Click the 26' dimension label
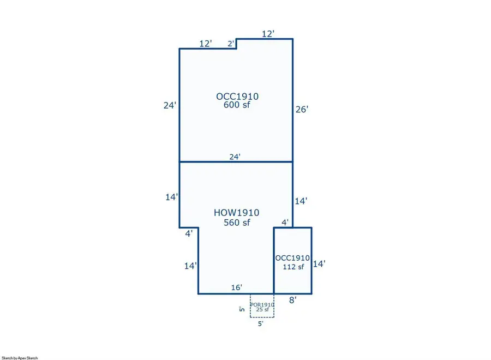(x=302, y=109)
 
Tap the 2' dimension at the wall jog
(x=231, y=44)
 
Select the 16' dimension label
(x=236, y=287)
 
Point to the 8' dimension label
(x=292, y=300)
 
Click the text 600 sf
(x=237, y=105)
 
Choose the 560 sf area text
(x=237, y=223)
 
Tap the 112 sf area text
(x=293, y=267)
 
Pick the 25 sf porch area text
(x=262, y=310)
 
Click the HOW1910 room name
(x=236, y=213)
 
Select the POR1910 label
(x=262, y=304)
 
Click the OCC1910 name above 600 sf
(x=237, y=97)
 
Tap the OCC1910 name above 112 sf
(x=292, y=258)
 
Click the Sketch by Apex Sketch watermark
(x=20, y=358)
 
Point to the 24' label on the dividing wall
(x=235, y=157)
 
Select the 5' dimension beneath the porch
(x=261, y=323)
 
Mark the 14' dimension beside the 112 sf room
(x=319, y=264)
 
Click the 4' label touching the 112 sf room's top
(x=285, y=223)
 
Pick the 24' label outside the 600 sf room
(x=170, y=105)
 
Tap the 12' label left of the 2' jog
(x=206, y=44)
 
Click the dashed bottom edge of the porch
(x=262, y=317)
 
